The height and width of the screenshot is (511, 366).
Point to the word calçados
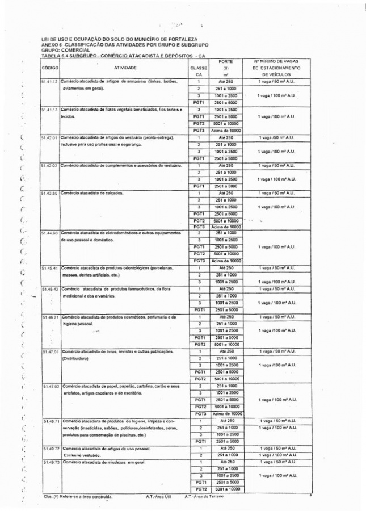(114, 193)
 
